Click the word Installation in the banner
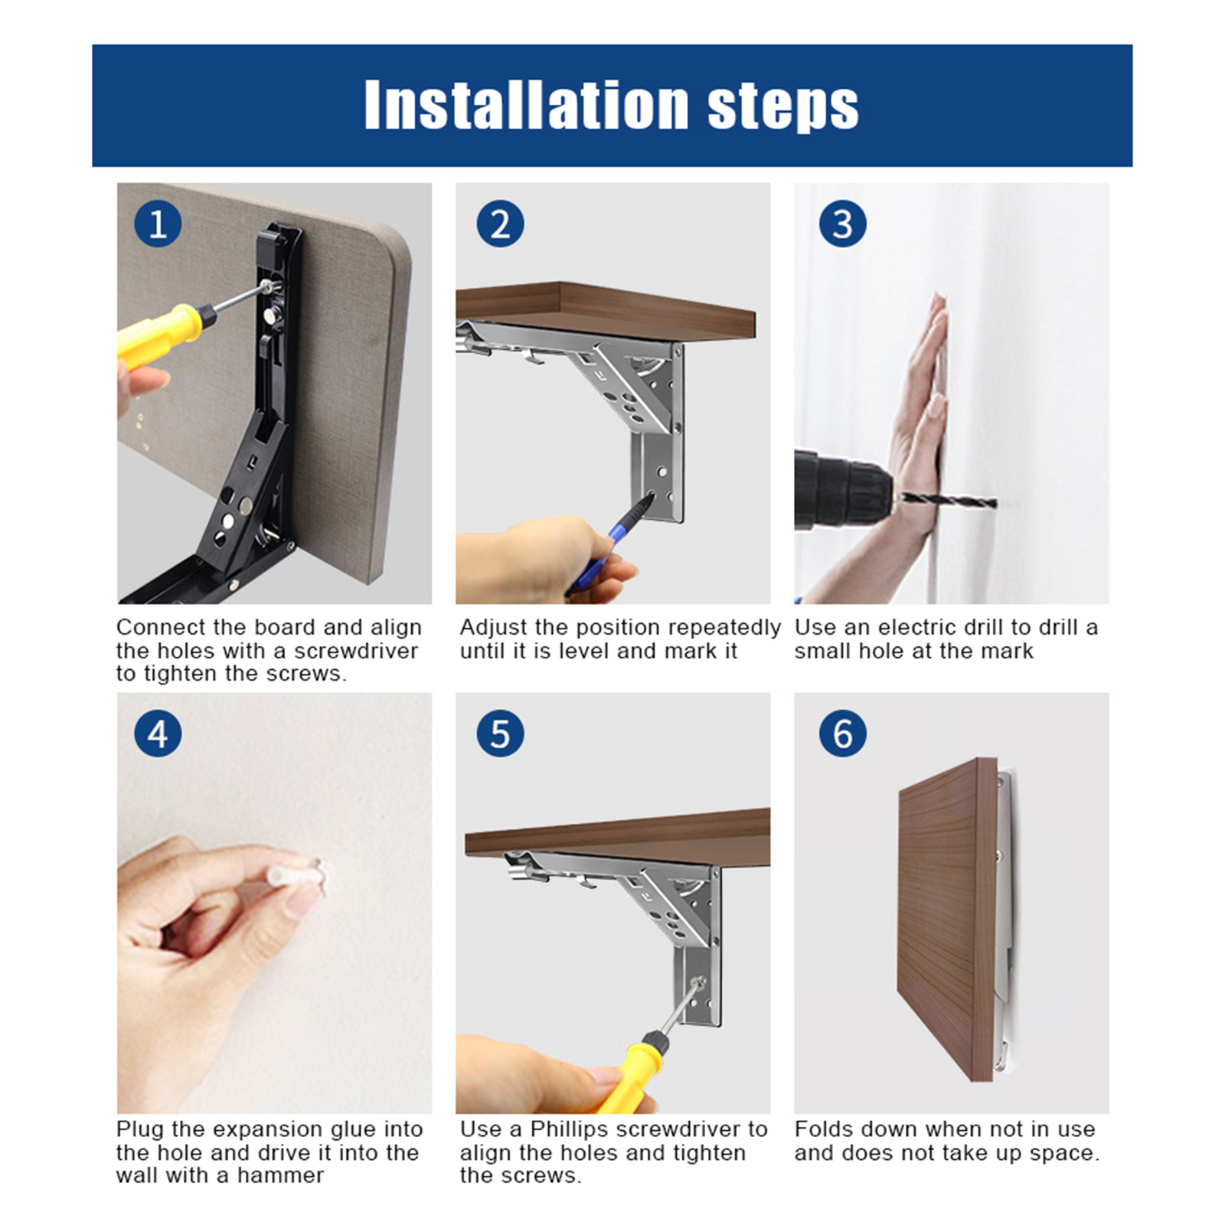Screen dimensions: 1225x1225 click(527, 105)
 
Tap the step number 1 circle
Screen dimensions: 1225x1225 click(158, 224)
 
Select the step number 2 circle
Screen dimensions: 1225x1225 click(500, 224)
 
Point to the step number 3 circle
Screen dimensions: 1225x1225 click(842, 224)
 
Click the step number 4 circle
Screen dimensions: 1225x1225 click(158, 733)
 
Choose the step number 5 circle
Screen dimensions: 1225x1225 click(500, 733)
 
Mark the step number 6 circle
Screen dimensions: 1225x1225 click(842, 733)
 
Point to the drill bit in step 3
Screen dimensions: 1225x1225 click(949, 501)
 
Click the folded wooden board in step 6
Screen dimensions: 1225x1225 click(948, 919)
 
